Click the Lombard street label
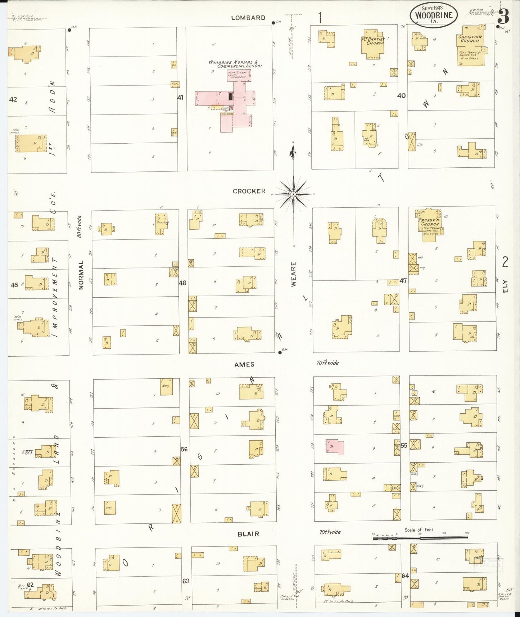[x=248, y=18]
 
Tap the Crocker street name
[x=249, y=191]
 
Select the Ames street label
[x=244, y=365]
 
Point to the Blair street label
[x=248, y=534]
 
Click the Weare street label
[x=294, y=274]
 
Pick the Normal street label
[x=81, y=275]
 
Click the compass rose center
[x=294, y=194]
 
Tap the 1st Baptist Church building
[x=374, y=45]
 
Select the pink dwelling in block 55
[x=335, y=447]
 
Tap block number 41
[x=180, y=98]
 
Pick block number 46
[x=182, y=283]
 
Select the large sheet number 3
[x=503, y=16]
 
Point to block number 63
[x=186, y=581]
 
